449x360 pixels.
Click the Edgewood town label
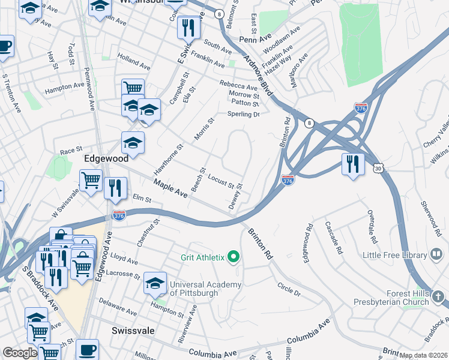106,159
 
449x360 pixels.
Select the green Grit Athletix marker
233,258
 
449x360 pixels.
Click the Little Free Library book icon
436,255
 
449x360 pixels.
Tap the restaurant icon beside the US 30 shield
353,164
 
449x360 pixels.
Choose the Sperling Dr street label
243,114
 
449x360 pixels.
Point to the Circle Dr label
289,289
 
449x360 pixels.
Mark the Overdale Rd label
372,227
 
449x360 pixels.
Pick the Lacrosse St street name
125,275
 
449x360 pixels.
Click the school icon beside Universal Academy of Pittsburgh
155,283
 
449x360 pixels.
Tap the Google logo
20,353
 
